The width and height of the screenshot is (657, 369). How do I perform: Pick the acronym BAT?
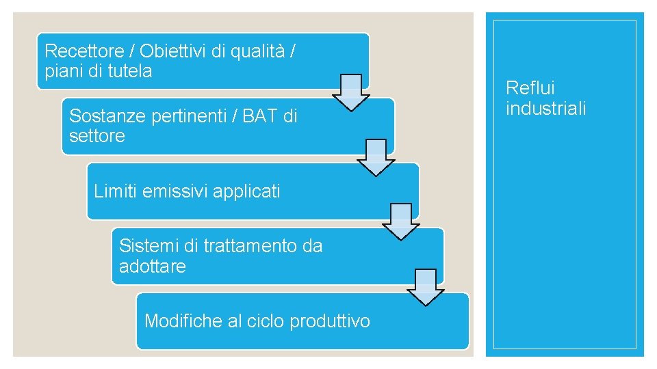point(259,115)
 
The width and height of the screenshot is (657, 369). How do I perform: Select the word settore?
point(97,136)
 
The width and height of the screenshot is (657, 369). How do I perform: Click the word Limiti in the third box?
point(116,191)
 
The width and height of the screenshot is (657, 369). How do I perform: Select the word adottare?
point(152,266)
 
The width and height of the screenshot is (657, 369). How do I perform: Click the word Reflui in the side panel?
point(530,88)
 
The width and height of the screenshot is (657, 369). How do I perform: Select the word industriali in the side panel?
point(546,109)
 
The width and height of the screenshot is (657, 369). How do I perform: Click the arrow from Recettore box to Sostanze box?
point(351,92)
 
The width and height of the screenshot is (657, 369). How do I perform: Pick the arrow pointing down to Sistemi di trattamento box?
point(400,221)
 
